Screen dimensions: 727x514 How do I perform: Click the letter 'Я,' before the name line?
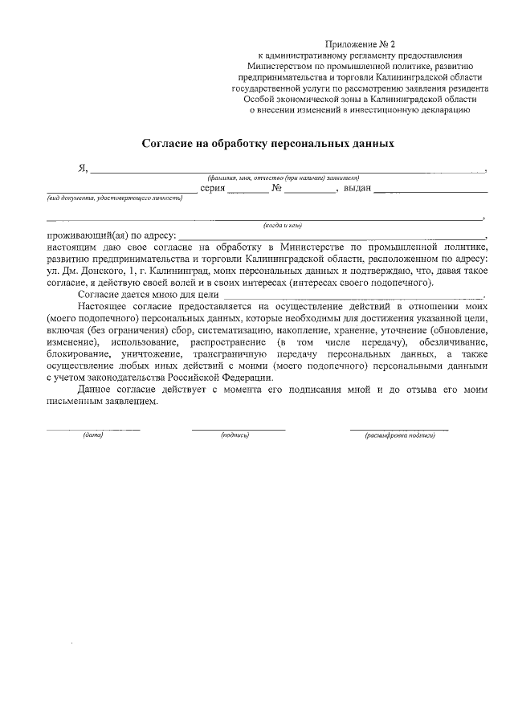82,169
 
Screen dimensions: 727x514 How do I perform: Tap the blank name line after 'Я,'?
289,171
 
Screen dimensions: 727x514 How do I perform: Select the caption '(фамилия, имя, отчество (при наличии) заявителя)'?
282,178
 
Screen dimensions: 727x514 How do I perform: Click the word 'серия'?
212,189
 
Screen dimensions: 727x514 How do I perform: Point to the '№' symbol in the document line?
275,189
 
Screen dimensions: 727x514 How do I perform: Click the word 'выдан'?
357,189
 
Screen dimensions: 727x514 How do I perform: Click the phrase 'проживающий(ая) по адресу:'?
111,235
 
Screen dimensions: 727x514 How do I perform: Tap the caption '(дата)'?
93,435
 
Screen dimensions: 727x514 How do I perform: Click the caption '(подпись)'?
235,435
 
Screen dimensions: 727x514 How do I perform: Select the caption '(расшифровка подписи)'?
399,435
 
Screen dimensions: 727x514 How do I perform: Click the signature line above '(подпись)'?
238,428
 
